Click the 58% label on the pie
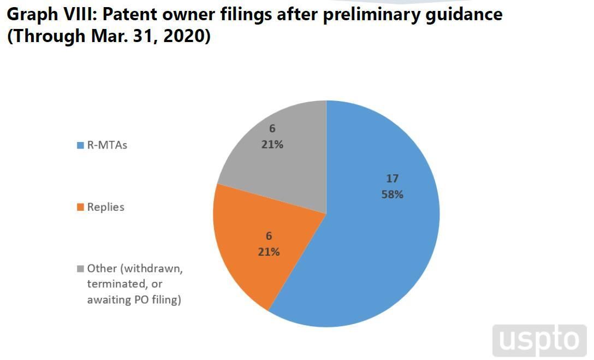click(392, 194)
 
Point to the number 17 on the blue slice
click(392, 179)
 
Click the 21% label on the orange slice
click(269, 252)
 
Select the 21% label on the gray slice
click(272, 145)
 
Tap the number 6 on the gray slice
click(272, 129)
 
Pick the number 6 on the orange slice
click(269, 237)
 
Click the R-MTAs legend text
click(107, 145)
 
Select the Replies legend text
click(106, 207)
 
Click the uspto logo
click(539, 340)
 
